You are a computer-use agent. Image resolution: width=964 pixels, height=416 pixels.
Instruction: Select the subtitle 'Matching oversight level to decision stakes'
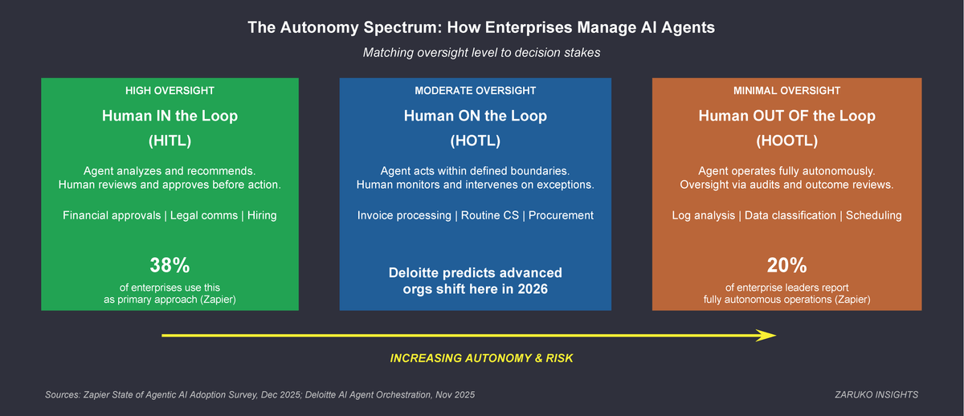(481, 53)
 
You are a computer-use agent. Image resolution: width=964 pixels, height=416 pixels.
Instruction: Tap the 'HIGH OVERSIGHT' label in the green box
(170, 91)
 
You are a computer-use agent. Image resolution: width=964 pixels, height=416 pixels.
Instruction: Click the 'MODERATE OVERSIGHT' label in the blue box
(475, 91)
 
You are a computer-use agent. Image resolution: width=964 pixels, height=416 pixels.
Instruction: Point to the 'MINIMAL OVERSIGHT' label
(786, 91)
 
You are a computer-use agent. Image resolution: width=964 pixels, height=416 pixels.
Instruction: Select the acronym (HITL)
(170, 141)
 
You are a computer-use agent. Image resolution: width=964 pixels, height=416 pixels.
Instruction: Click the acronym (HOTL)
(475, 141)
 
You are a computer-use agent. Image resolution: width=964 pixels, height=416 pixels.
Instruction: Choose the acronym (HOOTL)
(786, 141)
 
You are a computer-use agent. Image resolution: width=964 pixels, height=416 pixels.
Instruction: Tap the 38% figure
(170, 265)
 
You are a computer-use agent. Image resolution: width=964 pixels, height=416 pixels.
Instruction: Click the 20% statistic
(786, 265)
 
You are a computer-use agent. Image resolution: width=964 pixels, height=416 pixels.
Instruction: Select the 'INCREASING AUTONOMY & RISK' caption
(481, 358)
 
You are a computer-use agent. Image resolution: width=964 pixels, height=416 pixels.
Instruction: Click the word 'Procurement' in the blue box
(561, 215)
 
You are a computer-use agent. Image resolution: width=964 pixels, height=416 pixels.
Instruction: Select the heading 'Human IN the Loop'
(170, 116)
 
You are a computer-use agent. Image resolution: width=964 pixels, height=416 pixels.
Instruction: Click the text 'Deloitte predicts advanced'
(475, 272)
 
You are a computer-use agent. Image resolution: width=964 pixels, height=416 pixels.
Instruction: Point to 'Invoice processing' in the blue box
(404, 215)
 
